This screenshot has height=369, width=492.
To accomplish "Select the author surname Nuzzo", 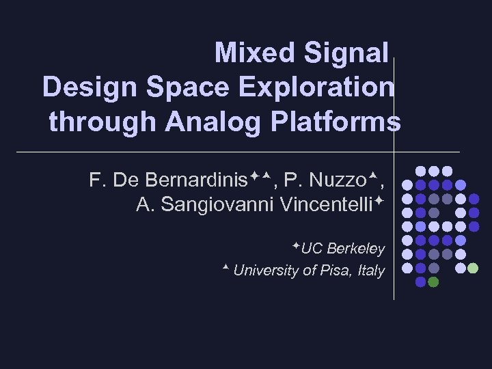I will click(x=338, y=180).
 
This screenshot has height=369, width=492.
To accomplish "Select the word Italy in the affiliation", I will click(x=371, y=271).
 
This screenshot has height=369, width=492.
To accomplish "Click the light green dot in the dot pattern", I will click(x=472, y=268).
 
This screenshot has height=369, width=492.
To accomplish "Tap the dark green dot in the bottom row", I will click(x=433, y=282).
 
